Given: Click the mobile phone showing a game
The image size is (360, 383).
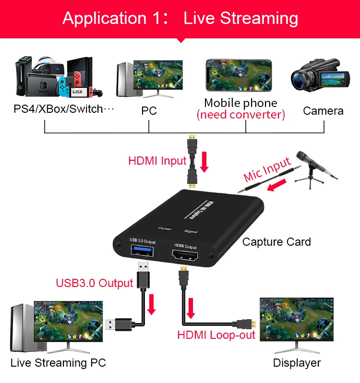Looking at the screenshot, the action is click(239, 75).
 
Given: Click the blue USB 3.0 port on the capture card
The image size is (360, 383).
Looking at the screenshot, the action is click(139, 252).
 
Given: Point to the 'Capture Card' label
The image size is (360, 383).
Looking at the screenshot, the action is click(276, 242).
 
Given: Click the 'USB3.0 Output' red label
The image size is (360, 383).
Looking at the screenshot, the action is click(94, 283).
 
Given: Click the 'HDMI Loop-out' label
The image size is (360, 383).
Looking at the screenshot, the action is click(216, 335).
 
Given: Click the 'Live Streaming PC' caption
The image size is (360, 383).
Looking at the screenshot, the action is click(58, 362).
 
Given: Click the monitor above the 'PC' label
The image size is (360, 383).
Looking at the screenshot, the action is click(158, 77).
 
